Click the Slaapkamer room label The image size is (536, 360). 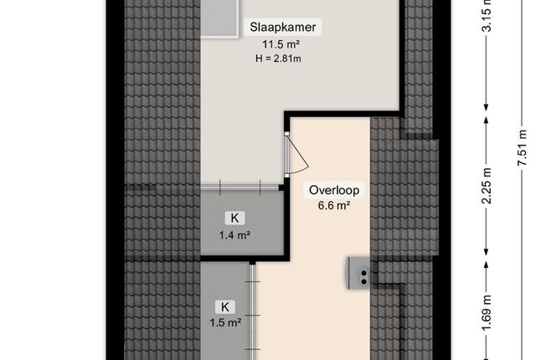pyautogui.click(x=283, y=27)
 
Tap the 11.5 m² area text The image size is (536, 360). pyautogui.click(x=281, y=44)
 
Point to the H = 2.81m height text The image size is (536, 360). pyautogui.click(x=278, y=59)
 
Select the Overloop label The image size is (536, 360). pyautogui.click(x=334, y=190)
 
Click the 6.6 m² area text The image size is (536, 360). pyautogui.click(x=333, y=206)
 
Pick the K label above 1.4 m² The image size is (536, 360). pyautogui.click(x=234, y=218)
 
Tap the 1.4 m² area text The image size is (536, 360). pyautogui.click(x=234, y=235)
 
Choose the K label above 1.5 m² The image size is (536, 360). pyautogui.click(x=225, y=307)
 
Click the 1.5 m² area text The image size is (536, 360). pyautogui.click(x=225, y=322)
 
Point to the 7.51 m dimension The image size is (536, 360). pyautogui.click(x=522, y=147)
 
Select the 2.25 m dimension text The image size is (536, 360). pyautogui.click(x=487, y=186)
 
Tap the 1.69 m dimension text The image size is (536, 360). pyautogui.click(x=487, y=314)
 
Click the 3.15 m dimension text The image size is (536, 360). pyautogui.click(x=487, y=14)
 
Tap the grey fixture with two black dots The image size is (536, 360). pyautogui.click(x=359, y=273)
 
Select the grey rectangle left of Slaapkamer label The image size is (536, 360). pyautogui.click(x=219, y=18)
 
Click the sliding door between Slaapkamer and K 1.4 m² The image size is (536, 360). pyautogui.click(x=240, y=188)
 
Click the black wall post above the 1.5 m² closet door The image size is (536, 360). pyautogui.click(x=252, y=262)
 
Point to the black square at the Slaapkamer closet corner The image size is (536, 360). pyautogui.click(x=281, y=188)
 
